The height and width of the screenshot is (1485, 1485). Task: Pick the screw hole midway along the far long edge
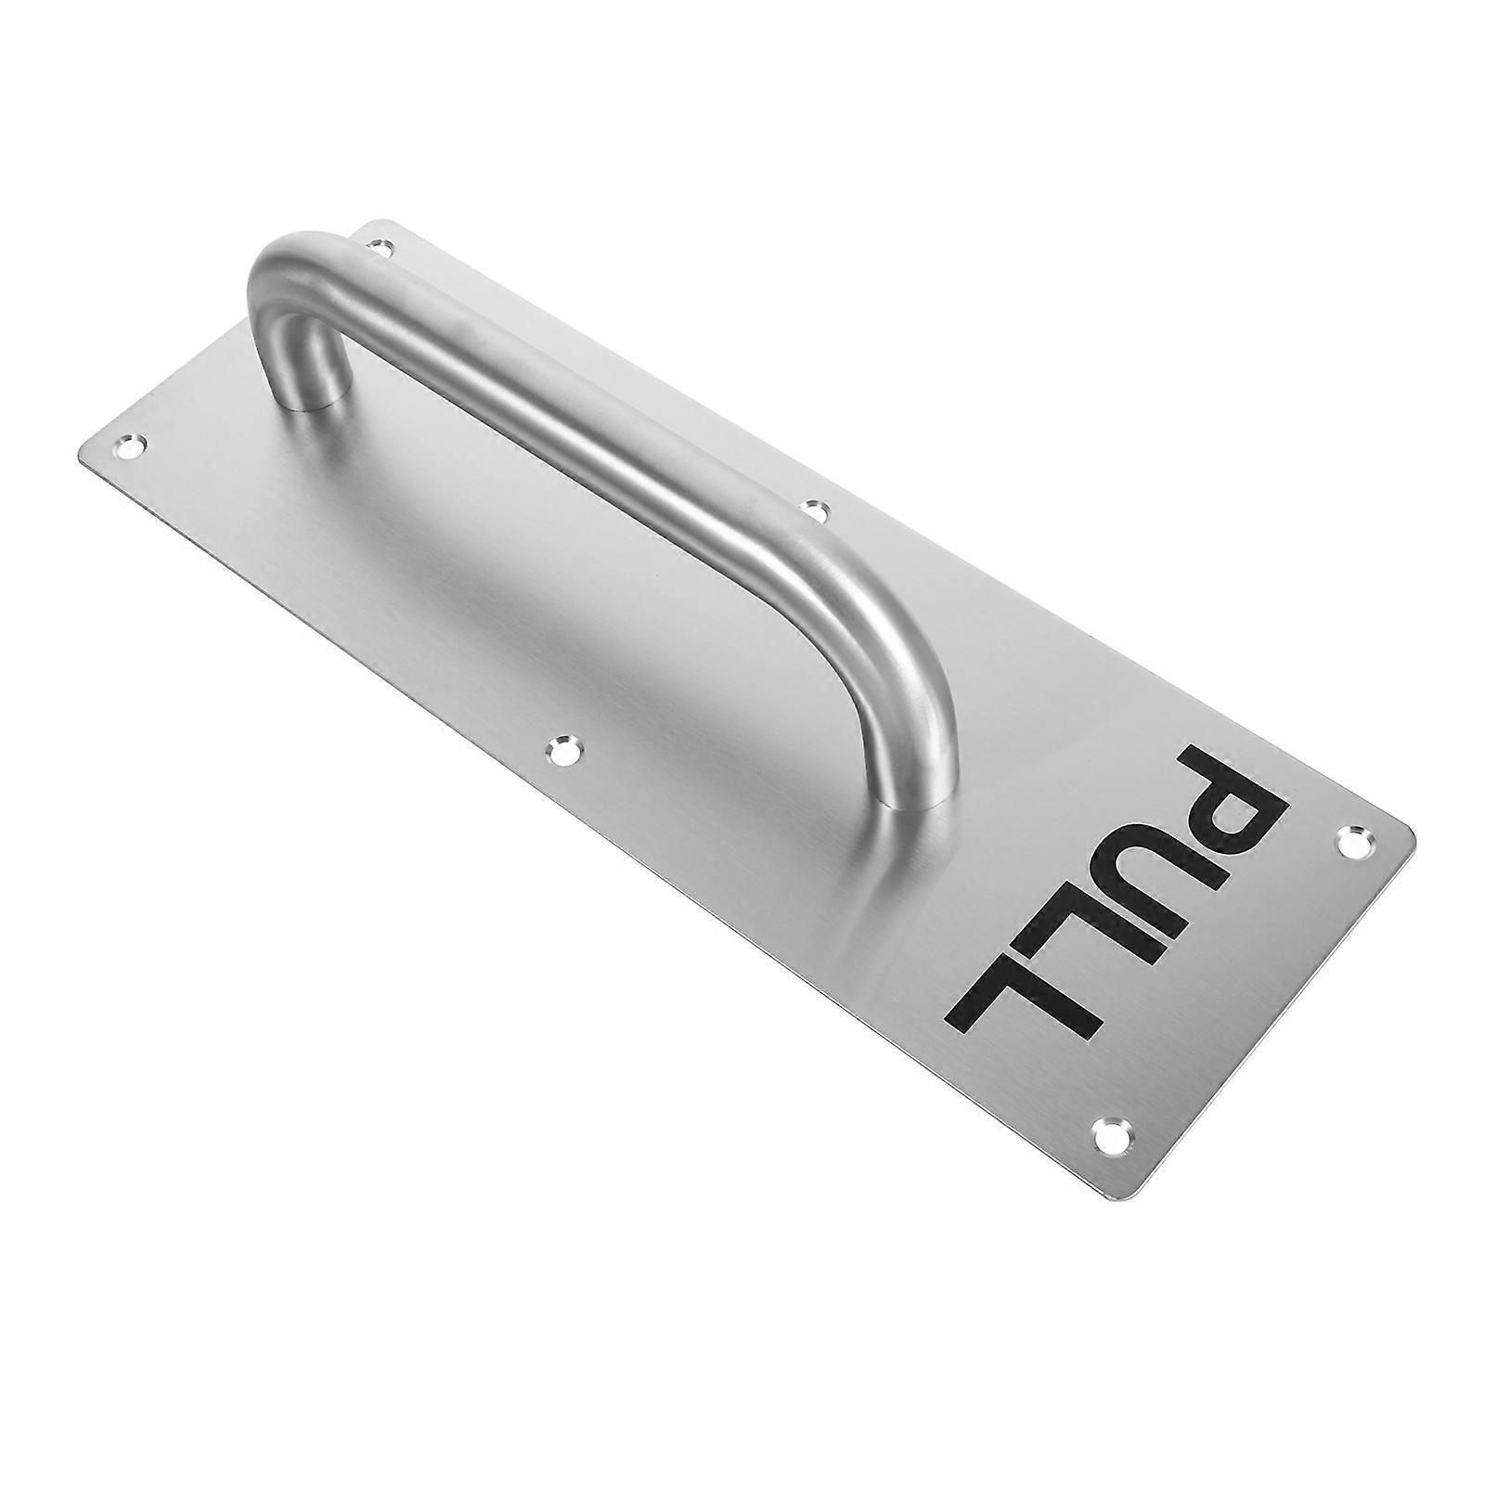(x=815, y=509)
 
